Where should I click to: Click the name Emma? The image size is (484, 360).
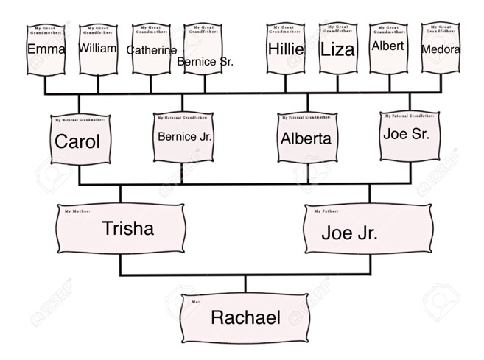(46, 49)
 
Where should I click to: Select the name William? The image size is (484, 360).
(97, 48)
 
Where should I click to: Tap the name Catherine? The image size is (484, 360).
(151, 50)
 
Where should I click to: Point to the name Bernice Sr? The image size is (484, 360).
(205, 62)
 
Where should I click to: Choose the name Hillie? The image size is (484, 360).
(285, 49)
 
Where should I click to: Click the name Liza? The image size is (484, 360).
(337, 49)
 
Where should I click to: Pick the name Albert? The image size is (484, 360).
(387, 46)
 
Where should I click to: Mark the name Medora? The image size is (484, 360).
(441, 49)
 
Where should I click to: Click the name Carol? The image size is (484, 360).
(77, 141)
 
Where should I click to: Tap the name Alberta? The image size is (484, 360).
(306, 138)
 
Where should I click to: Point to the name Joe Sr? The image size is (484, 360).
(406, 134)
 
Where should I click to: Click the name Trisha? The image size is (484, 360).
(128, 228)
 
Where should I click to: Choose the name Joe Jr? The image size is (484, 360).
(349, 233)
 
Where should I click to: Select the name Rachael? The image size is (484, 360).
(245, 318)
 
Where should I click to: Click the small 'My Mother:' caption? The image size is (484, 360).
(77, 211)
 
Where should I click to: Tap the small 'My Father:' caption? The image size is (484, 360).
(327, 212)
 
